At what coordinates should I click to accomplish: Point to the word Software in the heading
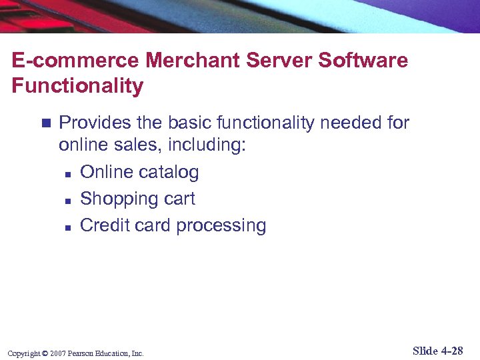(363, 61)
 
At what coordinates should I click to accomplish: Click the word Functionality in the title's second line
(77, 86)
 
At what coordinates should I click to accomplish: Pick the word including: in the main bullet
(206, 146)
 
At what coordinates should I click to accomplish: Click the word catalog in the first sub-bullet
(169, 173)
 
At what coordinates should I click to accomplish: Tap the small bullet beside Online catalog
(68, 173)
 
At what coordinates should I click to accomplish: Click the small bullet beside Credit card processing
(68, 227)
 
